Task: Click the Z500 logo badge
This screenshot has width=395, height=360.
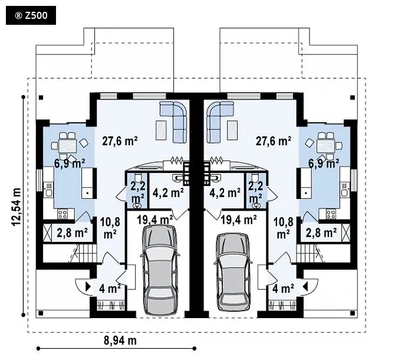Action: coord(31,15)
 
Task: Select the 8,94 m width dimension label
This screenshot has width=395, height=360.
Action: coord(120,341)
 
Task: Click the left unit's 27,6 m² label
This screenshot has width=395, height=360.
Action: coord(120,141)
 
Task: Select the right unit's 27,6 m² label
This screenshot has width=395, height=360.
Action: coord(274,141)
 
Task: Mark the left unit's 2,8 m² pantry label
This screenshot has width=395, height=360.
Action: coord(72,233)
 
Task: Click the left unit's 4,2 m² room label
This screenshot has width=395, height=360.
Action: coord(168,193)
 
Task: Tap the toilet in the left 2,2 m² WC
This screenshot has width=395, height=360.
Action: coord(138,178)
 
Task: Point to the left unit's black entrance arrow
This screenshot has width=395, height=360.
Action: coord(88,287)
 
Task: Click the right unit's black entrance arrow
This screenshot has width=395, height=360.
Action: coord(305,287)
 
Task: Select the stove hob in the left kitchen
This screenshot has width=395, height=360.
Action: coord(62,214)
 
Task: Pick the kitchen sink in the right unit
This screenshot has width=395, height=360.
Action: coord(344,190)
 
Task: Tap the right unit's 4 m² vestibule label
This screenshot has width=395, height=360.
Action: coord(283,289)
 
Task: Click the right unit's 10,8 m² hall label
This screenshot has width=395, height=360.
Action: coord(284,228)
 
